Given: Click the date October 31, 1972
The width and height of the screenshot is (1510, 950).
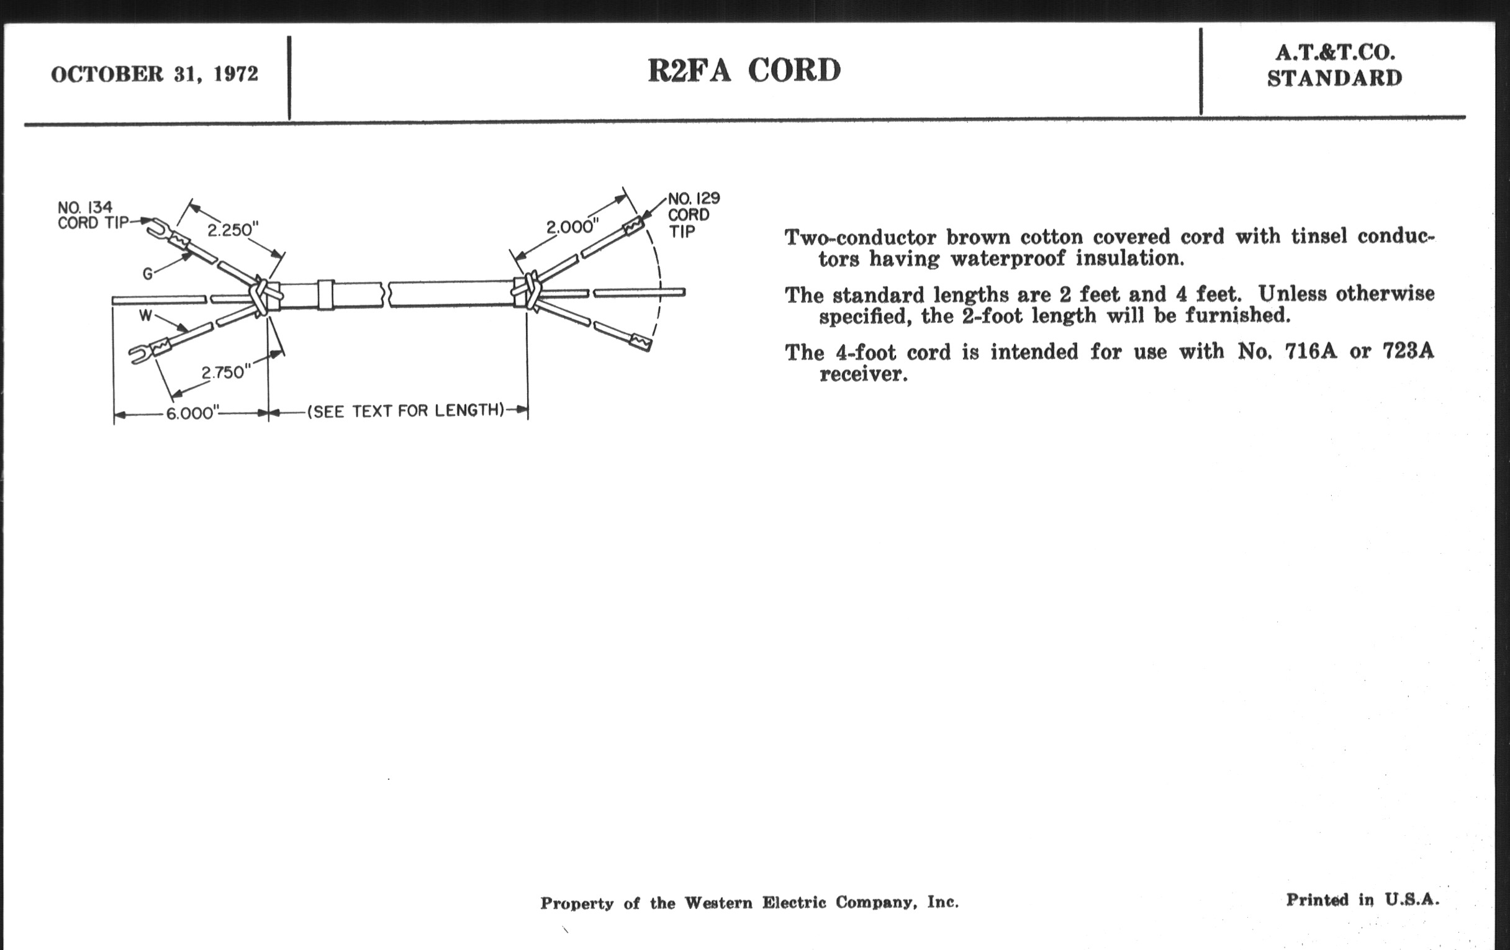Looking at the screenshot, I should [154, 74].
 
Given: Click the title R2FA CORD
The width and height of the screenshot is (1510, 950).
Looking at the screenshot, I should [744, 70].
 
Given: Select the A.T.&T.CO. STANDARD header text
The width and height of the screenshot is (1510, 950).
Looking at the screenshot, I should [1334, 65].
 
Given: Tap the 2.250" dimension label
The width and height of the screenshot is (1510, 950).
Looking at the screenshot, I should [233, 230].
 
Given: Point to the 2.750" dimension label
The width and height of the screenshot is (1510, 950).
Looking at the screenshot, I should [226, 373].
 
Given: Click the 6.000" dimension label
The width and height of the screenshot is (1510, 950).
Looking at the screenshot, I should [192, 414].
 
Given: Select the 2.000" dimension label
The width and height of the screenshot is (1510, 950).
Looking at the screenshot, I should [572, 227].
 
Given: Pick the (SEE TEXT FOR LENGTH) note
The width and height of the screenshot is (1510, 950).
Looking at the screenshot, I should [405, 410].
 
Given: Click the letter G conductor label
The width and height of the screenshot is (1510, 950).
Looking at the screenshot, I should [147, 273].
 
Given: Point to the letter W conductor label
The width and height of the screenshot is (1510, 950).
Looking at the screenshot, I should [145, 315].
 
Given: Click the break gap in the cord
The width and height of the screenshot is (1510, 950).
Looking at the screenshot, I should [386, 294].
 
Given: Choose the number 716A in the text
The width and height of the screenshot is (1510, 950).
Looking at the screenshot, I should [1310, 351].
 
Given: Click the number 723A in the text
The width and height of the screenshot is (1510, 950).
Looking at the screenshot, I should [1408, 351].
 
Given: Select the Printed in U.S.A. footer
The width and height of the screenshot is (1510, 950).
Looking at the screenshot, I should [1362, 900].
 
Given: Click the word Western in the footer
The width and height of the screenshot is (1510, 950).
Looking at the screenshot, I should [718, 903].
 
